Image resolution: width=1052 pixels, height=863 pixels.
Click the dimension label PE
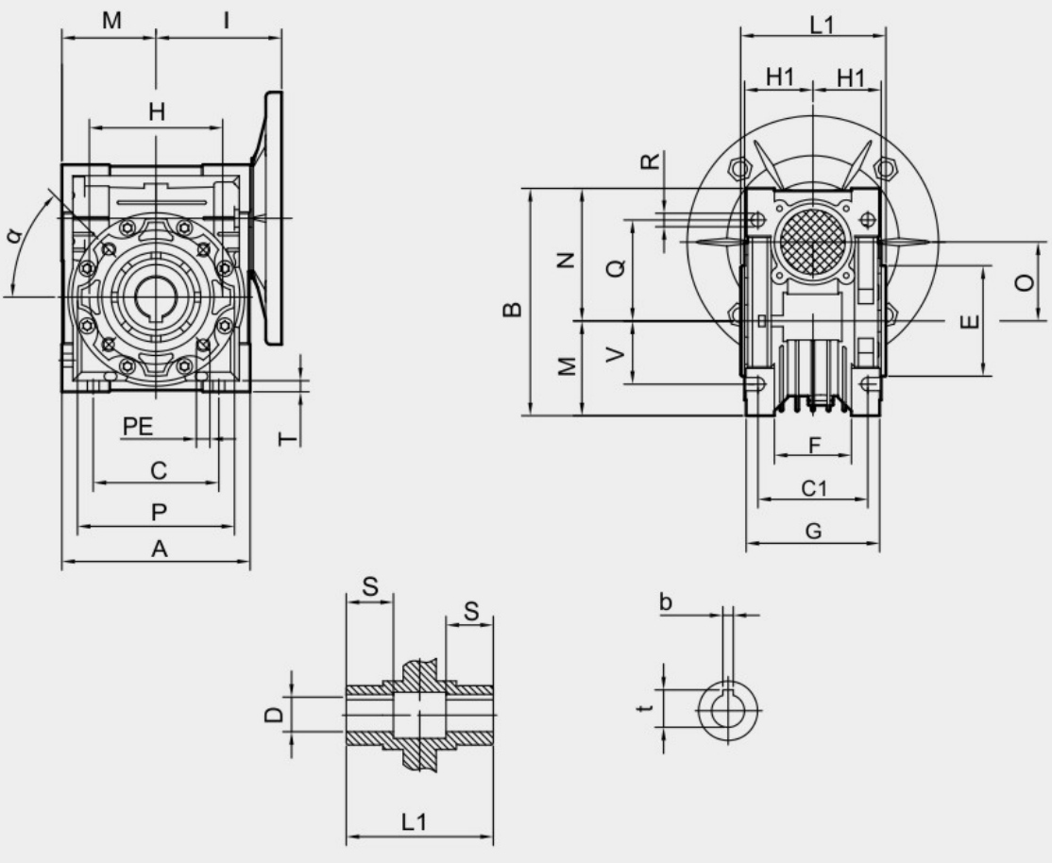pos(138,426)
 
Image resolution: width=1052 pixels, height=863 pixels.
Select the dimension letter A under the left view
pos(159,549)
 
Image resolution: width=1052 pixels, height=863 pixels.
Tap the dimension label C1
pos(814,488)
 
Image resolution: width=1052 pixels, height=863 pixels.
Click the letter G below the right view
pos(813,531)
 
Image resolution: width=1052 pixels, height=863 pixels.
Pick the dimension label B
pos(513,309)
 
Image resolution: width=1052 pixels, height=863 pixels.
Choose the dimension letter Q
pos(615,268)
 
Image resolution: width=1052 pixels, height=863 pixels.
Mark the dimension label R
pos(650,161)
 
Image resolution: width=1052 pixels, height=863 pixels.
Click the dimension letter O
pos(1025,282)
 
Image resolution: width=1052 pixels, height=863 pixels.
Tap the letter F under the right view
pos(814,445)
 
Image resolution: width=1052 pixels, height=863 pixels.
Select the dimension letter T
pos(287,438)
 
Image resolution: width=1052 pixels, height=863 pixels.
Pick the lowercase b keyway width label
pos(665,602)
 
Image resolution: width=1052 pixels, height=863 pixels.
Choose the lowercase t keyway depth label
pos(645,707)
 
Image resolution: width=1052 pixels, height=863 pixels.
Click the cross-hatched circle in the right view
pos(812,242)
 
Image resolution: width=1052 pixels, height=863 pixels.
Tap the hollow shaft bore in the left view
pos(156,296)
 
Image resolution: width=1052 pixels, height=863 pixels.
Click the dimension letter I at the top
pos(226,20)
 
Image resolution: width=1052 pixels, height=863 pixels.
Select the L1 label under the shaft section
pos(414,821)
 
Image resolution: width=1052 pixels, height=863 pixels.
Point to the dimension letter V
pos(615,354)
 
